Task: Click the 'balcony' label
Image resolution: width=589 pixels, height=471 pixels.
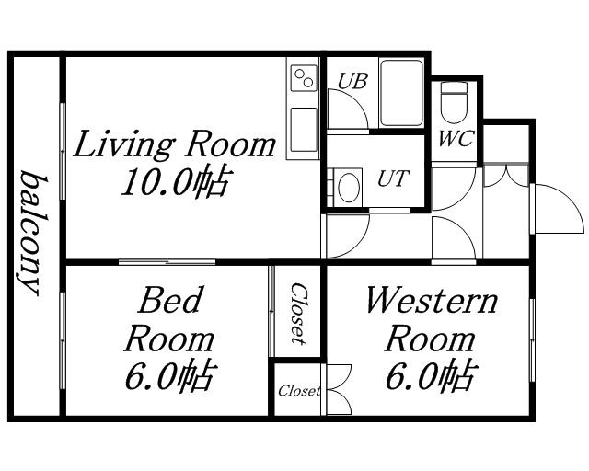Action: point(33,233)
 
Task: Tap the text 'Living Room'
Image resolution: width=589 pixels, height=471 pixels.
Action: point(174,144)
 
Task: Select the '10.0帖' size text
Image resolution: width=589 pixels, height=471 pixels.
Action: point(175,182)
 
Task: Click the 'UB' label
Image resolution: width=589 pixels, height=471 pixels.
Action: point(352,81)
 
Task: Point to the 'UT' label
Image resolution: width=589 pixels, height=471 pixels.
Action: point(393,178)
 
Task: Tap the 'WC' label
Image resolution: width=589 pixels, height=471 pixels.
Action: point(456,139)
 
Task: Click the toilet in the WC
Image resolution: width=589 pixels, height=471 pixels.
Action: point(454,102)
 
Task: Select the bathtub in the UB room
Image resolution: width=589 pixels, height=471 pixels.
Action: point(401,93)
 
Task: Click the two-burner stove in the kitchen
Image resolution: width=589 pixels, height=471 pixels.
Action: point(304,77)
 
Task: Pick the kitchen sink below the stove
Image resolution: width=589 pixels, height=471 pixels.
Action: point(304,130)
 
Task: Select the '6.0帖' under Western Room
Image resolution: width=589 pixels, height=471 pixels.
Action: point(432,375)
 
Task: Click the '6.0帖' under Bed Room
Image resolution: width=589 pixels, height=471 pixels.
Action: point(171,376)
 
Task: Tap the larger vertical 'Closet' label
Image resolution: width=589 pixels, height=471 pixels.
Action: point(299,314)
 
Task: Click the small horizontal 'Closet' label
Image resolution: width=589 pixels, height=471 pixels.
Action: point(299,391)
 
